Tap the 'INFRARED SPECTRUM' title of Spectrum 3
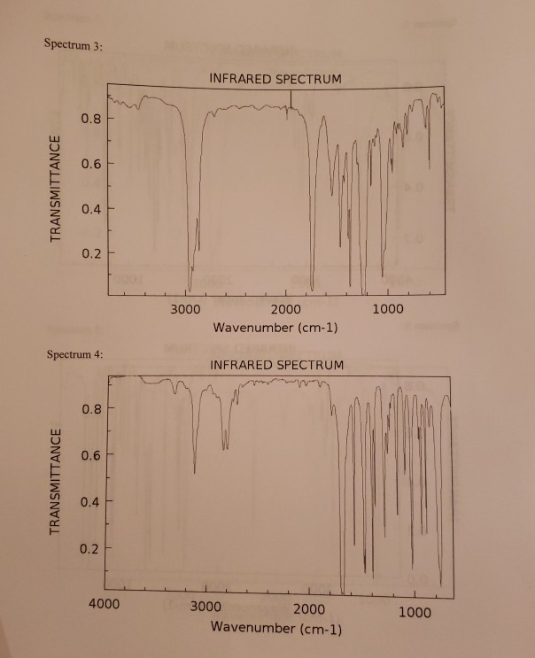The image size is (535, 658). point(275,80)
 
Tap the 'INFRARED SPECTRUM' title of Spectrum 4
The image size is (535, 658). point(276,365)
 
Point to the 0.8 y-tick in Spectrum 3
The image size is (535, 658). point(92,118)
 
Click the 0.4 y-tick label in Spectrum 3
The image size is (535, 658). point(92,209)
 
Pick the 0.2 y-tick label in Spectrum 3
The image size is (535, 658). point(92,254)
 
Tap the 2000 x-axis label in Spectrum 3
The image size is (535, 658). point(286,310)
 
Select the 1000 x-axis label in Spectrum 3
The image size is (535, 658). point(387,310)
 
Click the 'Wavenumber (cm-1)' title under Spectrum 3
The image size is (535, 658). point(275,328)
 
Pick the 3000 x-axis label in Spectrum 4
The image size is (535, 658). point(205,612)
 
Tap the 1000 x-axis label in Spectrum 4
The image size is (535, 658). point(414,612)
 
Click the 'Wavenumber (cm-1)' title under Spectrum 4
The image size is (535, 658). point(275,628)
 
